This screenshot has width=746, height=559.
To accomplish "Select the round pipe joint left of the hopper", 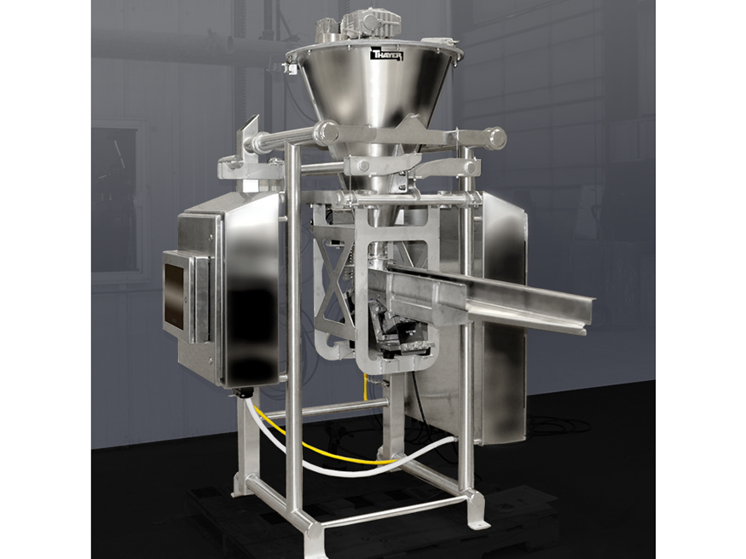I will pos(327,132).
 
